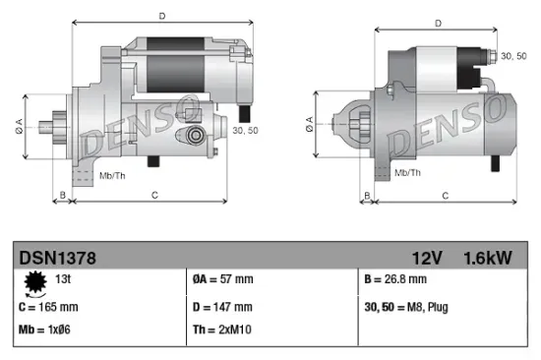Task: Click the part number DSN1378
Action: (x=57, y=258)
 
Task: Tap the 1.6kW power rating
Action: (x=488, y=258)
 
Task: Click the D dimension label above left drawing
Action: (x=162, y=15)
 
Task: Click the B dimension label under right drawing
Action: (x=367, y=196)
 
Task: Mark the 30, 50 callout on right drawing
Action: (x=512, y=57)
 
